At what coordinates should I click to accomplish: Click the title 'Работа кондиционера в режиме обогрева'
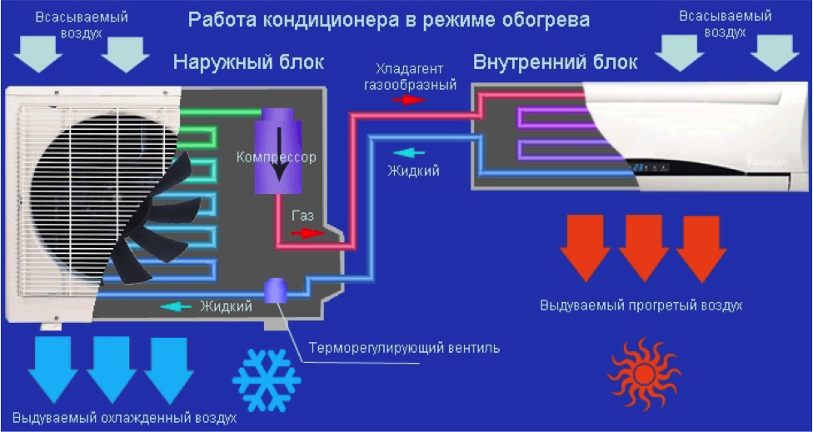[x=389, y=19]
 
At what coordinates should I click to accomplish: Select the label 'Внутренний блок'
[x=555, y=62]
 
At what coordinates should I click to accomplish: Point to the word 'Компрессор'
[x=276, y=156]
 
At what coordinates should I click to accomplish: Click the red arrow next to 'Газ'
[x=311, y=234]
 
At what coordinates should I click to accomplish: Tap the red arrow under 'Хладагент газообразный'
[x=408, y=100]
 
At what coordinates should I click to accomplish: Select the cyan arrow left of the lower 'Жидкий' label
[x=177, y=306]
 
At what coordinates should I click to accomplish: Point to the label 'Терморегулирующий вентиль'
[x=404, y=347]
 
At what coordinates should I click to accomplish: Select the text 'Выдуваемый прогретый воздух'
[x=640, y=305]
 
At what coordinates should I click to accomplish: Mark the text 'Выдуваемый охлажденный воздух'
[x=124, y=417]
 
